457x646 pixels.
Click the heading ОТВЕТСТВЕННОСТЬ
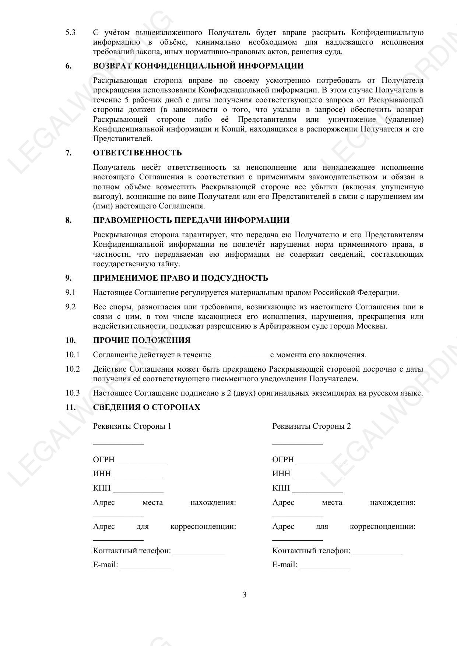pyautogui.click(x=137, y=153)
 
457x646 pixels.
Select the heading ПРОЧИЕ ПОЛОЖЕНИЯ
pyautogui.click(x=142, y=340)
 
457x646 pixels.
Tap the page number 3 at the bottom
pyautogui.click(x=245, y=595)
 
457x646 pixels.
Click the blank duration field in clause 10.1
pyautogui.click(x=240, y=356)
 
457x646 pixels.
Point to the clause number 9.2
pyautogui.click(x=70, y=307)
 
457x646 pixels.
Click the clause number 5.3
pyautogui.click(x=70, y=32)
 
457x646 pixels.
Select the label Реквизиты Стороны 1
pyautogui.click(x=132, y=426)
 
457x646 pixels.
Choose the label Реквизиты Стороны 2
pyautogui.click(x=312, y=426)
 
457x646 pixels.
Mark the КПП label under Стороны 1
pyautogui.click(x=102, y=488)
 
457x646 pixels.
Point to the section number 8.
pyautogui.click(x=68, y=220)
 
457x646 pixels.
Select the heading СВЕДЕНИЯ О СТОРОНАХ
pyautogui.click(x=147, y=407)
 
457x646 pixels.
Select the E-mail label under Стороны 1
pyautogui.click(x=105, y=565)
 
